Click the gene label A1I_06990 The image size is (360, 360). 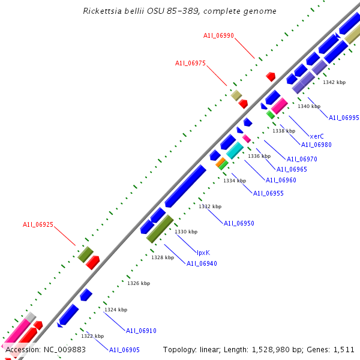click(x=218, y=36)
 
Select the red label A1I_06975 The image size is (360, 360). click(x=190, y=63)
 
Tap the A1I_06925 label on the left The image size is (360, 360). click(x=38, y=224)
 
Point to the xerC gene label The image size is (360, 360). click(x=317, y=136)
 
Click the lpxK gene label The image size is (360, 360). click(x=203, y=253)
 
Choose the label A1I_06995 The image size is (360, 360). click(x=344, y=118)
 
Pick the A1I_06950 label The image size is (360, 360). click(x=239, y=223)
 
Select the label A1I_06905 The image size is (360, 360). click(x=124, y=350)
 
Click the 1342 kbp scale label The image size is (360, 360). click(x=334, y=82)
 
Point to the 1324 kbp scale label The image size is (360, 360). click(x=115, y=310)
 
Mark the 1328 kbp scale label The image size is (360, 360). click(x=163, y=257)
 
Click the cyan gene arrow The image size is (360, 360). click(x=235, y=150)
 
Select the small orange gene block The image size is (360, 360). click(x=220, y=162)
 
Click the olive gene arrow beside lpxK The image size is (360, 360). click(x=160, y=228)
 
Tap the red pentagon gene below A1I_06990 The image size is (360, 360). click(x=271, y=76)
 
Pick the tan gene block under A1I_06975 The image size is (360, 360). click(x=236, y=95)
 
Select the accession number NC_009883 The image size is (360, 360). click(x=62, y=349)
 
